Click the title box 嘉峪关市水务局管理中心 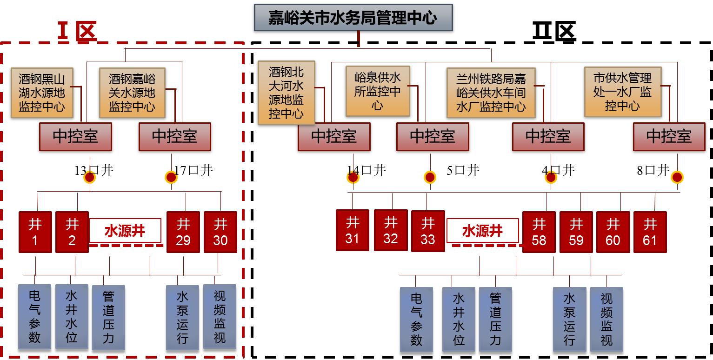coord(353,18)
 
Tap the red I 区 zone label coord(77,32)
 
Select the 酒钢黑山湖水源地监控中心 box coord(41,93)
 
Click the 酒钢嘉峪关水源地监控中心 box coord(132,93)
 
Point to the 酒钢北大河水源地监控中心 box coord(286,93)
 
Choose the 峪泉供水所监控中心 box coord(377,91)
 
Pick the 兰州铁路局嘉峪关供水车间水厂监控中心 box coord(491,93)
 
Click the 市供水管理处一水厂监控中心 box coord(622,92)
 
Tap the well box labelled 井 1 coord(35,232)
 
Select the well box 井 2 coord(72,232)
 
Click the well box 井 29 coord(183,232)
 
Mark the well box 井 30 coord(220,232)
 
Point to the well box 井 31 coord(353,231)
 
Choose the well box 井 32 coord(391,230)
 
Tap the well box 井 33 coord(427,231)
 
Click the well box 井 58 coord(539,232)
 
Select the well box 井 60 coord(613,232)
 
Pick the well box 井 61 coord(650,232)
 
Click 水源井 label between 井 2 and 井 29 coord(125,231)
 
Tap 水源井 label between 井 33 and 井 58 coord(482,231)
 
